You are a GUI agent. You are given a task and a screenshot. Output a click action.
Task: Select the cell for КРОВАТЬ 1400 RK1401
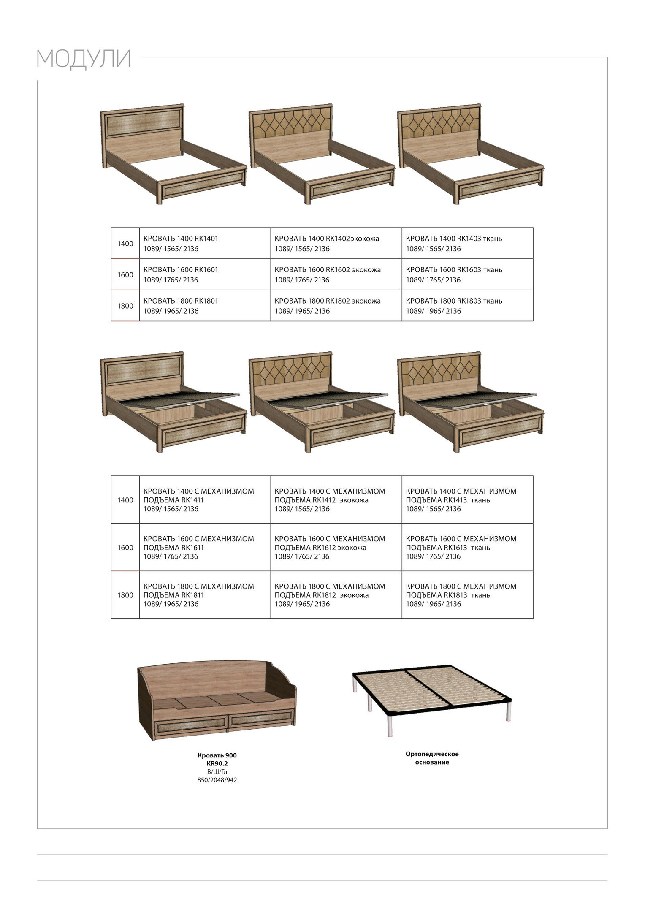click(x=205, y=244)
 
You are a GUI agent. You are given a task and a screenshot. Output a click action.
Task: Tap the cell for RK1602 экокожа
click(x=336, y=275)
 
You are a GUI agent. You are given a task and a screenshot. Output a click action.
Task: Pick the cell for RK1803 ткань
click(x=467, y=306)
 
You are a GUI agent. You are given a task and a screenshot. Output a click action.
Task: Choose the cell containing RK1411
click(x=205, y=500)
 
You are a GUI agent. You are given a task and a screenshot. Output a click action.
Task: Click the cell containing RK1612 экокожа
click(x=336, y=548)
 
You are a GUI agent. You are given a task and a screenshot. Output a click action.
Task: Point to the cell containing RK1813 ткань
click(x=467, y=595)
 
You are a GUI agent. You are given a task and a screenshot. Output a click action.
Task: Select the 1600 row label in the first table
click(x=125, y=275)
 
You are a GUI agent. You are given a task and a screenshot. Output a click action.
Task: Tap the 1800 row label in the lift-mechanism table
click(x=125, y=595)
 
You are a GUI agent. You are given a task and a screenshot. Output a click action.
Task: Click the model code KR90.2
click(x=217, y=763)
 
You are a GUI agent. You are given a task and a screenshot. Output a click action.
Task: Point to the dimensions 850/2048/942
click(x=217, y=780)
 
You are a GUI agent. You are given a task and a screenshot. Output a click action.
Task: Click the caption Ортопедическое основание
click(x=432, y=758)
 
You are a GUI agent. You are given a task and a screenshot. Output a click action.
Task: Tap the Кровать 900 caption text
click(x=217, y=755)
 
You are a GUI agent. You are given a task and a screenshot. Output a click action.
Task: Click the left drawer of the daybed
click(x=190, y=727)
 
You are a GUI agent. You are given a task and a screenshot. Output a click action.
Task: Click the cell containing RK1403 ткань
click(x=467, y=244)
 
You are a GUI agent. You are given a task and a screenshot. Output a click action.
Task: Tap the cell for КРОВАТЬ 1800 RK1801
click(x=205, y=306)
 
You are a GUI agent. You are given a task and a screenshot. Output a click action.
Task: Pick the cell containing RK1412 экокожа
click(x=336, y=500)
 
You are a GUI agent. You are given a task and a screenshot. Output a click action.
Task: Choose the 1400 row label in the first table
click(x=125, y=244)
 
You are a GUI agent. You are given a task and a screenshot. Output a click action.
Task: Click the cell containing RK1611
click(x=205, y=548)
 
